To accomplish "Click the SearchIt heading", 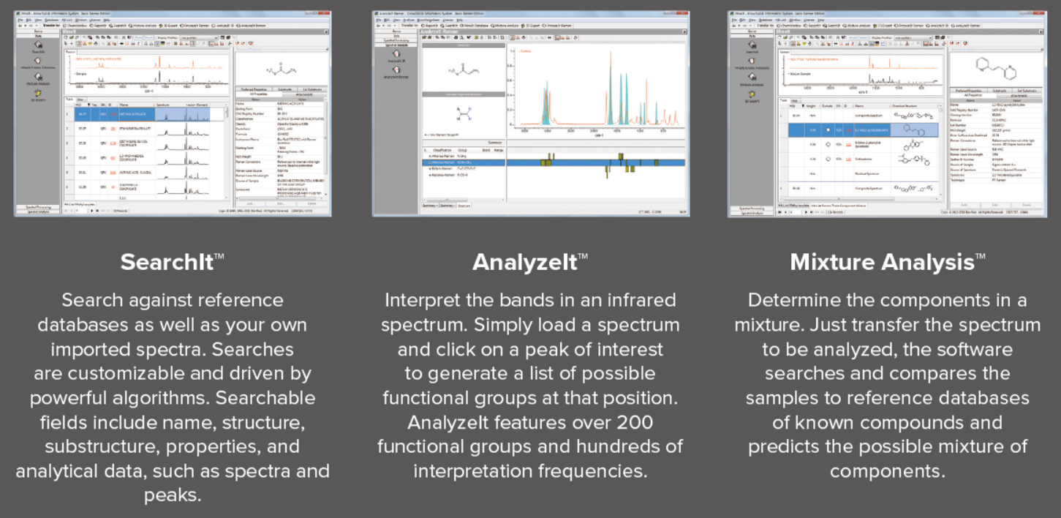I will (167, 261).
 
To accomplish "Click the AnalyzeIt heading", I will (525, 261).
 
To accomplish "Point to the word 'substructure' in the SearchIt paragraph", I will (92, 446).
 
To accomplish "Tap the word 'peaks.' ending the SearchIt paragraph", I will (172, 495).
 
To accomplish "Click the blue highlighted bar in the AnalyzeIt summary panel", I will (556, 162).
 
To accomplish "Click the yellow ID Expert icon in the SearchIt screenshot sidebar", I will (37, 94).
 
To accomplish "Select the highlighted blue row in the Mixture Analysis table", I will (863, 129).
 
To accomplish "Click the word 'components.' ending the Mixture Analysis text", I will (887, 470).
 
